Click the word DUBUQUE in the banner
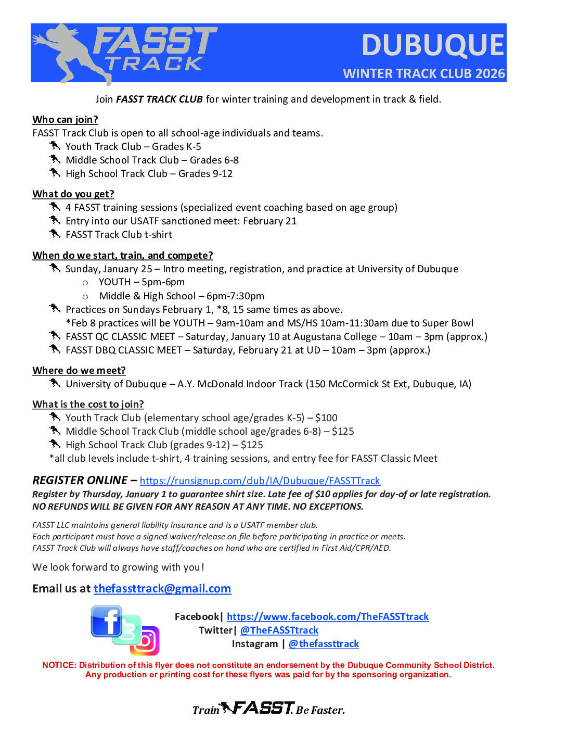[432, 45]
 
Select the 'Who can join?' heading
[65, 120]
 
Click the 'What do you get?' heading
[73, 194]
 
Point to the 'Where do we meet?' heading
[79, 371]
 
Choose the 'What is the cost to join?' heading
[88, 405]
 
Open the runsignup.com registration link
[260, 481]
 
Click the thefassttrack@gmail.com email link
[162, 589]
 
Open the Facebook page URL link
[328, 617]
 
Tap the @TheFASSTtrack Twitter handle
[279, 630]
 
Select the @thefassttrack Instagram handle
[324, 644]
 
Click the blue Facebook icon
[106, 621]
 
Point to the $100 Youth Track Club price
[326, 418]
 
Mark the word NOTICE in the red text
[59, 665]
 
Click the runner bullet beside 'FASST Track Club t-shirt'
[55, 234]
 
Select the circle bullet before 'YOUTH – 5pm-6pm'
[85, 283]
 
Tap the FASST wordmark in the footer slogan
[263, 708]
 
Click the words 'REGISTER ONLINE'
[80, 481]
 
